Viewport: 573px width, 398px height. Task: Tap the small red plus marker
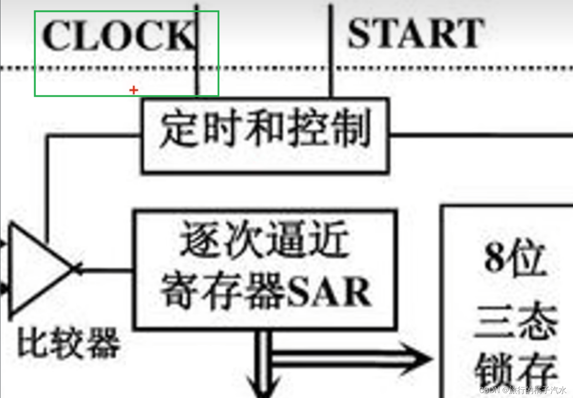134,90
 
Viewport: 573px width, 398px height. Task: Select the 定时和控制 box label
265,128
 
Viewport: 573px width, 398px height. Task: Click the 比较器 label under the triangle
69,342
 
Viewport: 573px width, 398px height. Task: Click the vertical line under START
331,83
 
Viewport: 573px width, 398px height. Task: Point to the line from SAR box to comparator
105,271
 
